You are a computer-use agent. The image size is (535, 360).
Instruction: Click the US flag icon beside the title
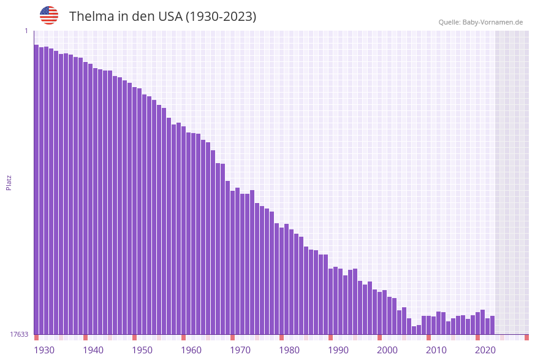coord(49,15)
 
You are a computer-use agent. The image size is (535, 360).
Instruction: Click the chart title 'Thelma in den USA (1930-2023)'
coord(162,17)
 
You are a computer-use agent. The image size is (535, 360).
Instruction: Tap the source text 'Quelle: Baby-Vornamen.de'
coord(480,23)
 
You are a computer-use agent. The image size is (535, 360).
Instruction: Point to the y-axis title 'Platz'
coord(9,182)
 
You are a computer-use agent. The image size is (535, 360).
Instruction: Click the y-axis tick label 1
coord(26,31)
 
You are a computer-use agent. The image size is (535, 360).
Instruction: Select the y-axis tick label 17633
coord(19,334)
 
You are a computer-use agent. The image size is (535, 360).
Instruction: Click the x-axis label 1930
coord(44,350)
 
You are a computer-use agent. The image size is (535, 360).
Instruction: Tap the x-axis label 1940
coord(93,350)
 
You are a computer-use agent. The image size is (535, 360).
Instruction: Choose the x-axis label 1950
coord(142,350)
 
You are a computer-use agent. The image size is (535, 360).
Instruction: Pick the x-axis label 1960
coord(191,350)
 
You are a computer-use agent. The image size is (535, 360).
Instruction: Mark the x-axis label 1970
coord(240,350)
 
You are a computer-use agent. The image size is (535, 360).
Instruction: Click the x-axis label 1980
coord(289,350)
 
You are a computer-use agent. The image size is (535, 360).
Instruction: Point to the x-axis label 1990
coord(338,350)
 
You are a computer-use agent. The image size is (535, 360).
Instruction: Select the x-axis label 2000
coord(387,350)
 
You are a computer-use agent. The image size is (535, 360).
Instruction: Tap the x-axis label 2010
coord(436,350)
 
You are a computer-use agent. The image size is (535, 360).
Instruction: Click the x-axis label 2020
coord(485,350)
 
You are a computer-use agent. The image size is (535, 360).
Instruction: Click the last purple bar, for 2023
coord(492,325)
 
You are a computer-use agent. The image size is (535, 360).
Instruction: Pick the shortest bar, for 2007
coord(414,331)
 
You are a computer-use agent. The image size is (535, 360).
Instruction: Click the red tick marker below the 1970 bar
coord(232,337)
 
